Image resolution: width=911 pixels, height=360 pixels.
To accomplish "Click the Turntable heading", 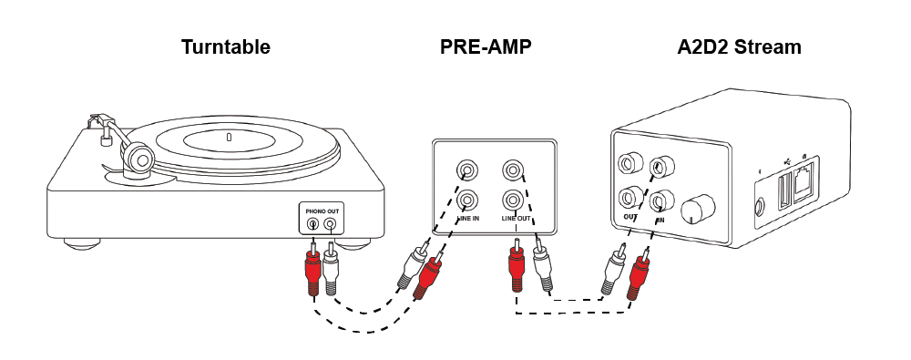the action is tap(225, 46).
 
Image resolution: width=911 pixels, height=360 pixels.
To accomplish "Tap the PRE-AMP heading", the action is tap(486, 46).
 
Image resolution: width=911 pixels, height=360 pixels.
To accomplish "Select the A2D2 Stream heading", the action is tap(739, 46).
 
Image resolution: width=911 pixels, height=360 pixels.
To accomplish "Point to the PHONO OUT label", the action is tap(322, 211).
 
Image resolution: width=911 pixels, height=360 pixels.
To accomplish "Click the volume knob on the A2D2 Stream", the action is tap(696, 210).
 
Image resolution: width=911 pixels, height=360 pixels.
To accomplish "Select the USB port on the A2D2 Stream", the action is tap(784, 189).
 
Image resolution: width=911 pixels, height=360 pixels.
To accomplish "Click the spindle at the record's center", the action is tap(229, 138).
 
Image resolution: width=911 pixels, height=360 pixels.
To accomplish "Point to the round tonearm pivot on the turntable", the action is tap(140, 157).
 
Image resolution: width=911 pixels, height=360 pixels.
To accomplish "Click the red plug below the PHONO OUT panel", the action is tap(312, 269).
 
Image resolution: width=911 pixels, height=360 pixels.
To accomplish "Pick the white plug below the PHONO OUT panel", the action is tap(331, 268).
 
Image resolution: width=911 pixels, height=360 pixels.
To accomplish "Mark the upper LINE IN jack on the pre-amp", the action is tap(467, 171).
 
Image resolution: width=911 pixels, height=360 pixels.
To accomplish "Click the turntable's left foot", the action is tap(81, 243).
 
